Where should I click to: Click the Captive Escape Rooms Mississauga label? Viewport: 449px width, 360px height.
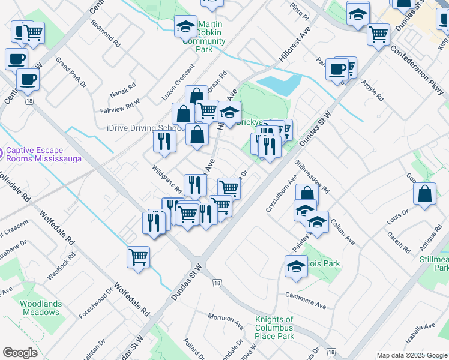tap(43, 155)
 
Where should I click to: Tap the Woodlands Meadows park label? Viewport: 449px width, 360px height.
tap(41, 308)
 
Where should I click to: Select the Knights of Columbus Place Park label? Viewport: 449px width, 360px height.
tap(274, 328)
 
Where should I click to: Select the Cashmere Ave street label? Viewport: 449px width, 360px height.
tap(305, 301)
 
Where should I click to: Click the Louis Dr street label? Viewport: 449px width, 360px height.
tap(397, 215)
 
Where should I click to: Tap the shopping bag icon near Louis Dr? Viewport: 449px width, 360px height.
tap(424, 193)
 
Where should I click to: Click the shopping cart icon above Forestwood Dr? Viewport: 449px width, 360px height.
tap(139, 256)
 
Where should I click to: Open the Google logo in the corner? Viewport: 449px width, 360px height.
tap(20, 353)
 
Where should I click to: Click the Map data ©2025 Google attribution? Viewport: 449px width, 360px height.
tap(411, 355)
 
